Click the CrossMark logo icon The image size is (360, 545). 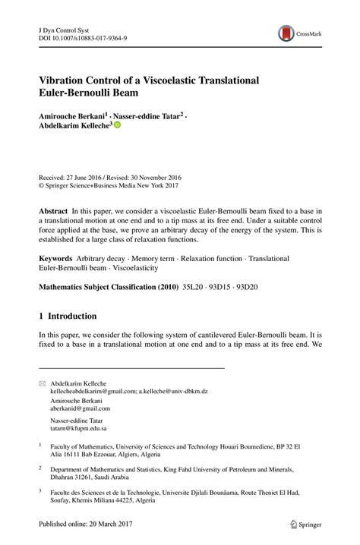286,33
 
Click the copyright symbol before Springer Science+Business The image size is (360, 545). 43,184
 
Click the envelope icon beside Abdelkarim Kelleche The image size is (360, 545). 43,383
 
